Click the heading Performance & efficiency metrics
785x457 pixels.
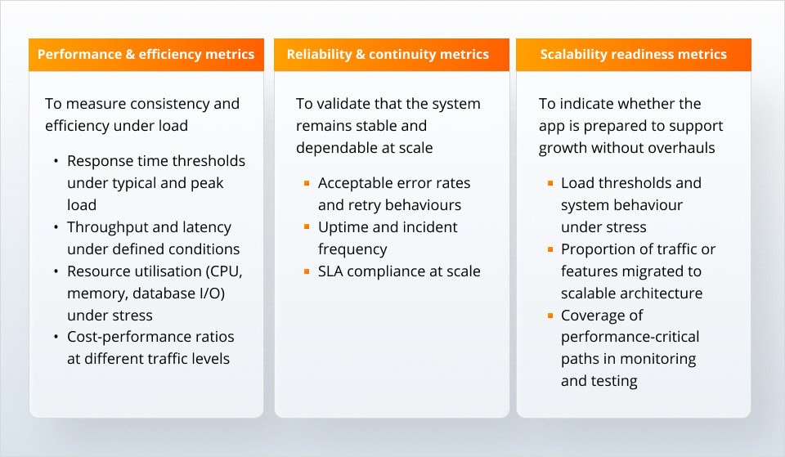[146, 55]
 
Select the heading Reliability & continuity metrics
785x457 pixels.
[388, 55]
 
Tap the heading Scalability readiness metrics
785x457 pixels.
[633, 55]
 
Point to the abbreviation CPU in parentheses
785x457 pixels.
[224, 271]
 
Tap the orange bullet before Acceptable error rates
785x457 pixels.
[307, 183]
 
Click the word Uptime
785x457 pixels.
[341, 227]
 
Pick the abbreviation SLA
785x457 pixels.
[333, 271]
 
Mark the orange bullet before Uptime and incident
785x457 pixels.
[307, 227]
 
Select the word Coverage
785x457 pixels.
[590, 316]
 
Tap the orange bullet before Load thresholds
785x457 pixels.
[549, 183]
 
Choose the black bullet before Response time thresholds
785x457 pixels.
[56, 161]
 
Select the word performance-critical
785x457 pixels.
[630, 337]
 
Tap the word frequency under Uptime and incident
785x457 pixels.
[352, 249]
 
